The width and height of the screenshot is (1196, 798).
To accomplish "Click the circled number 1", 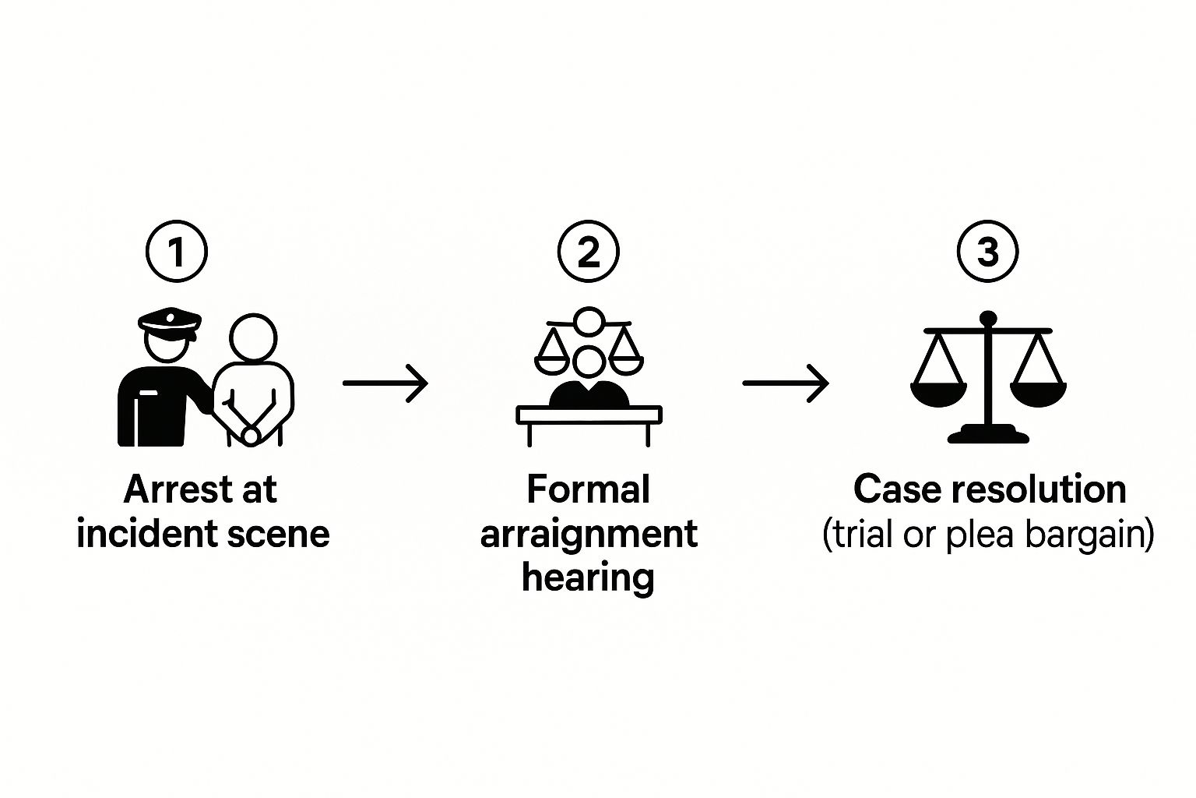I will click(x=177, y=252).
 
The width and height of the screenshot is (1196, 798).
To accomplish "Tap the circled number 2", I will click(x=589, y=252).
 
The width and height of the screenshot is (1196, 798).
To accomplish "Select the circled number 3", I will click(x=987, y=252).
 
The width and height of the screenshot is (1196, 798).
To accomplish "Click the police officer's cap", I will click(x=170, y=320).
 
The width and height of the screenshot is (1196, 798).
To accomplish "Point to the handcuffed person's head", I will click(x=253, y=338).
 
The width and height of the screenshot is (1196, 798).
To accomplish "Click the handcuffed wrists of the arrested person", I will click(x=250, y=433).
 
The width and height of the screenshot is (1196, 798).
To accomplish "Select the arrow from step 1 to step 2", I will click(x=385, y=383).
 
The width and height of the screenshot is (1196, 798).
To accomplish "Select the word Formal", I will click(x=588, y=490).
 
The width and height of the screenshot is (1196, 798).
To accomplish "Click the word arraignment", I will click(x=589, y=535).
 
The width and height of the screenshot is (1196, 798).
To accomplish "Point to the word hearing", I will click(x=588, y=578).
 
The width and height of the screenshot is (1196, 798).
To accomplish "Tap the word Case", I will click(x=896, y=490).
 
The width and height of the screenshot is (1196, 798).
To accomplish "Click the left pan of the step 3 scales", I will click(x=938, y=393).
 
